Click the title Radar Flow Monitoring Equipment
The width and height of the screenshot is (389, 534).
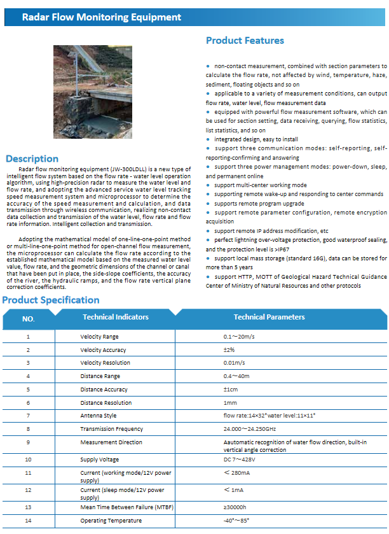click(x=102, y=17)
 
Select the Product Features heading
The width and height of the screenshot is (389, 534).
click(x=245, y=41)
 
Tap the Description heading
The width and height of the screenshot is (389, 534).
click(x=32, y=158)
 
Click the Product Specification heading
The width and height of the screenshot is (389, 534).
click(x=51, y=300)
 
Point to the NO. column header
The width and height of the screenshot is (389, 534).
click(x=29, y=318)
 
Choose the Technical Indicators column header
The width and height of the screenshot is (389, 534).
click(x=116, y=317)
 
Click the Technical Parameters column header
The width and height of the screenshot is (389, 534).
click(x=269, y=317)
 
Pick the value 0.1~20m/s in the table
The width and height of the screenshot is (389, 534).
click(x=240, y=337)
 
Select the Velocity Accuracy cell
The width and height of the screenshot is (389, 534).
click(x=103, y=350)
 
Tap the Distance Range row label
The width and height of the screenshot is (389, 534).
click(x=100, y=376)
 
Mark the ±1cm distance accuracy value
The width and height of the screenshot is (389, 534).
click(x=230, y=390)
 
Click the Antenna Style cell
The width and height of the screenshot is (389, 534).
click(x=98, y=416)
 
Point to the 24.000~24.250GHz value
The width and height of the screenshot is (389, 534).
click(x=249, y=429)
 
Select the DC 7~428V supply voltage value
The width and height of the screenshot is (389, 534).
click(x=240, y=459)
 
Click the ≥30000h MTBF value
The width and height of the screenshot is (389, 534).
click(x=235, y=507)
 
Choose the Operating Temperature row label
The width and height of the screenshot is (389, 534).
click(x=111, y=521)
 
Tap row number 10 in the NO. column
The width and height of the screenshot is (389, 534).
click(x=28, y=459)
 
